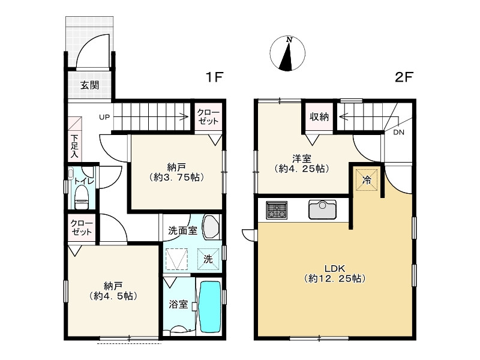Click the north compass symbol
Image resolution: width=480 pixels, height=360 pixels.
(x=287, y=53)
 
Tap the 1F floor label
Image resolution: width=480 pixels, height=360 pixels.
(x=214, y=77)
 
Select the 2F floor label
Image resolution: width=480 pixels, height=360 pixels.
(x=404, y=77)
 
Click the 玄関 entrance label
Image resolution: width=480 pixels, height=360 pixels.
(x=89, y=85)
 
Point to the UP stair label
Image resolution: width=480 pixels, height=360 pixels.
(x=104, y=117)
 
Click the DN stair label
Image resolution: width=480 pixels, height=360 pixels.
(x=398, y=132)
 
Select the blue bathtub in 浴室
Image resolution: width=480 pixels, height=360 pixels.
(x=210, y=307)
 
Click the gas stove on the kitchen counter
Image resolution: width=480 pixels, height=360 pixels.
(x=277, y=210)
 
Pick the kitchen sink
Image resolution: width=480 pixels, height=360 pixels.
(x=322, y=209)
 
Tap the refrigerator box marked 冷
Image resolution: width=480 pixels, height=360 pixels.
(x=367, y=179)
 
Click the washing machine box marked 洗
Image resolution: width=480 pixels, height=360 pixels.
(x=208, y=259)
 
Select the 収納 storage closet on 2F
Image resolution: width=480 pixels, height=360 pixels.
(x=319, y=117)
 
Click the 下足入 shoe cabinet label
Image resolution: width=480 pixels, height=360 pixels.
(x=74, y=146)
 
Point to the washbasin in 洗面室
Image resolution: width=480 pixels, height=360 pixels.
(x=211, y=227)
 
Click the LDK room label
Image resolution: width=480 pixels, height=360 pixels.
(x=335, y=269)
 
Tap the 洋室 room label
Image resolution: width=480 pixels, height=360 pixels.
(x=302, y=159)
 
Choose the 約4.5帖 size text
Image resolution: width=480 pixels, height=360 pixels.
(x=113, y=296)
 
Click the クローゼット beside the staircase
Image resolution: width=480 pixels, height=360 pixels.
(x=208, y=116)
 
